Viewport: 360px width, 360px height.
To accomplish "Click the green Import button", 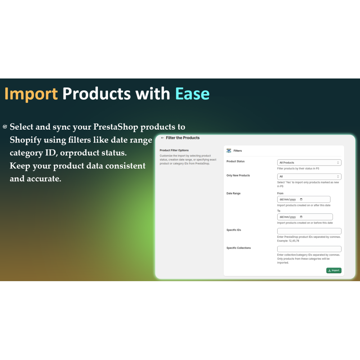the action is tap(334, 270).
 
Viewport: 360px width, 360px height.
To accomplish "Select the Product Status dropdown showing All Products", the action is tap(309, 163).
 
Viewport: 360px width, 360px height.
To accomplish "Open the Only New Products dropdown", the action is tap(309, 176).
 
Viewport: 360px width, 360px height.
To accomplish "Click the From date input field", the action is tap(303, 199).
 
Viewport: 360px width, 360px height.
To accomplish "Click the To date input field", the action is tap(305, 217).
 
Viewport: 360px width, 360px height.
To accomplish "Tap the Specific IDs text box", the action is tap(309, 231).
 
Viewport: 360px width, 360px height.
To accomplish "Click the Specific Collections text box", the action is tap(309, 249).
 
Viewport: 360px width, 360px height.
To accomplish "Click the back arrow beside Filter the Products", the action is tap(162, 138).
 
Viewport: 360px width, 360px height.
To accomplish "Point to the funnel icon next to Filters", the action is tap(229, 150).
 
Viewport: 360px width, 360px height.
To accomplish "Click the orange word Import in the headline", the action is tap(31, 94).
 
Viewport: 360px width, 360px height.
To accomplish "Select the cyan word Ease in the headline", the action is tap(192, 94).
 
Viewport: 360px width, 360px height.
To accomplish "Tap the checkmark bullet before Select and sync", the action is tap(5, 127).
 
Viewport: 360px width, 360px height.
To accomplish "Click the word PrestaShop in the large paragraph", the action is tap(116, 127).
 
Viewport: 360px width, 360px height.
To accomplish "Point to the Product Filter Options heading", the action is tap(174, 150).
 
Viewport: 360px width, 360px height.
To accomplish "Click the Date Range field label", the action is tap(233, 193).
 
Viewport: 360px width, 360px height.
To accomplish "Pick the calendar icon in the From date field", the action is tap(301, 199).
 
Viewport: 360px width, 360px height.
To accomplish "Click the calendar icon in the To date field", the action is tap(301, 217).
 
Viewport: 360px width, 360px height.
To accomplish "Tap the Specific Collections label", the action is tap(239, 248).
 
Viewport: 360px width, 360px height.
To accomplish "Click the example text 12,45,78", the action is tap(294, 241).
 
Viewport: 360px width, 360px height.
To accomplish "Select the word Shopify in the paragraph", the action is tap(26, 140).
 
